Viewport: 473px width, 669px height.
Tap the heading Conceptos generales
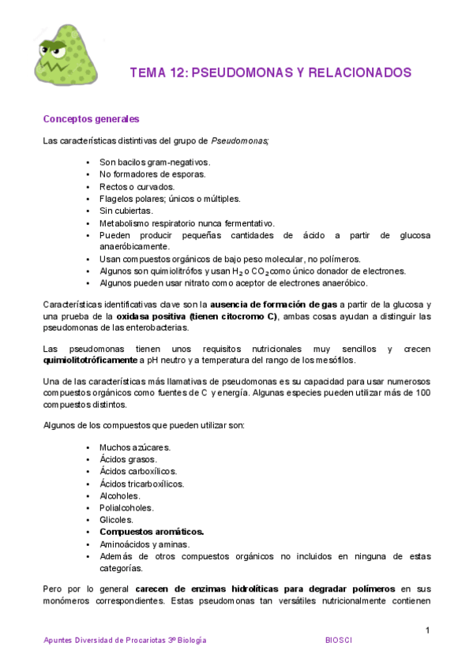[x=91, y=119]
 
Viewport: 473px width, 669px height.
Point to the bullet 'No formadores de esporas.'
[x=152, y=174]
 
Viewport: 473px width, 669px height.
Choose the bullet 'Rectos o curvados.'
[x=137, y=187]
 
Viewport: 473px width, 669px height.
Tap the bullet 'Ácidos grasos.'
[x=128, y=459]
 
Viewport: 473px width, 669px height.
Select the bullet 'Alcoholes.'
[x=120, y=495]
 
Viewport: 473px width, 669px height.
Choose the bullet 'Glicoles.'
[x=117, y=520]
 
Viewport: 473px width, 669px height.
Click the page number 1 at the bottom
[x=427, y=630]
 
